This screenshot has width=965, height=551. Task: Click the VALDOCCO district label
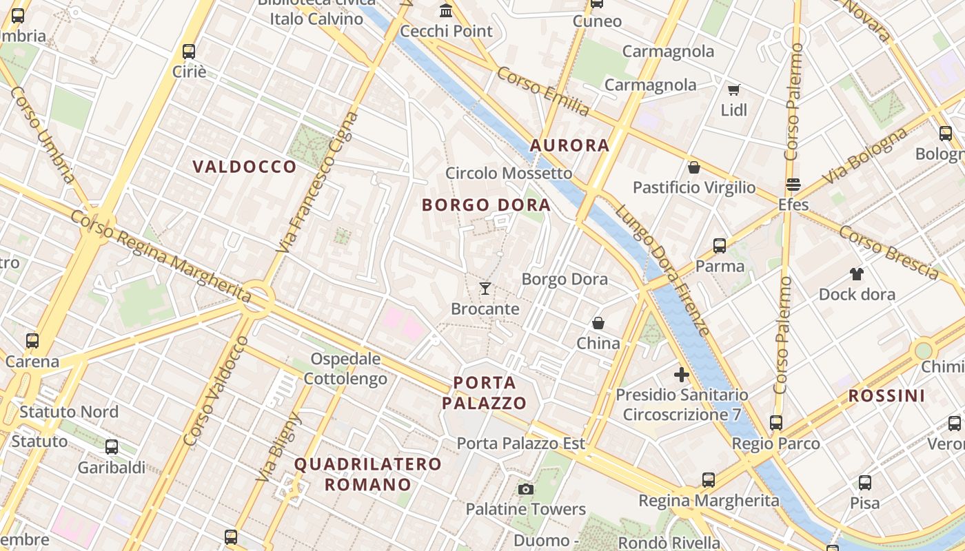(x=245, y=167)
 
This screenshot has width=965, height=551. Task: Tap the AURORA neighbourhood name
(x=569, y=145)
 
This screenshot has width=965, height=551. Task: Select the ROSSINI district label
(x=886, y=396)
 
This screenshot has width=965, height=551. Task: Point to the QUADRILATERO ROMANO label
(x=368, y=474)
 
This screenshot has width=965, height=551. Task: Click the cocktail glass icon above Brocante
(x=485, y=289)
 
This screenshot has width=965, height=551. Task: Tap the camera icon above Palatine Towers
(x=526, y=489)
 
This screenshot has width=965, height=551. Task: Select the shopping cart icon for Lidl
(x=734, y=90)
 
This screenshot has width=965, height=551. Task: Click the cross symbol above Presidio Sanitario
(x=682, y=375)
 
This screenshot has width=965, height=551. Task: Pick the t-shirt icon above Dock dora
(x=857, y=274)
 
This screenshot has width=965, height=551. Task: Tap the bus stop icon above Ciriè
(x=189, y=52)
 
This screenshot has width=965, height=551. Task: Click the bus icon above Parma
(x=720, y=246)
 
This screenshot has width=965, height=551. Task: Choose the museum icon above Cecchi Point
(x=446, y=11)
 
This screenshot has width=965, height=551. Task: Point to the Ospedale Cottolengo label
(x=345, y=368)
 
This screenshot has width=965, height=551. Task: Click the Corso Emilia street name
(x=543, y=92)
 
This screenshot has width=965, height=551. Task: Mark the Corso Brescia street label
(x=888, y=253)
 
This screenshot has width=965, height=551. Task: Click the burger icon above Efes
(x=793, y=185)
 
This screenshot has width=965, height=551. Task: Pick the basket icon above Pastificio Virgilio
(x=694, y=167)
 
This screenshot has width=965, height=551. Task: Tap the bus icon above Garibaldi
(x=112, y=447)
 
